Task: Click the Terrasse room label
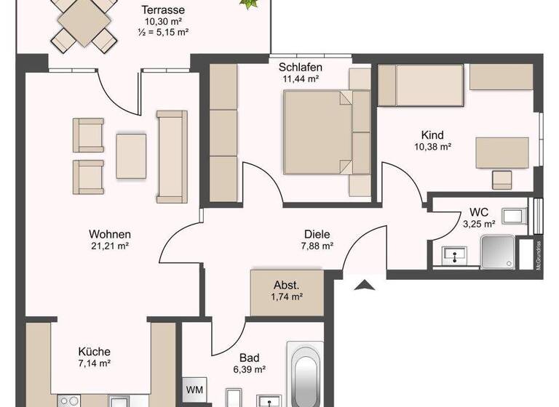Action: (x=162, y=10)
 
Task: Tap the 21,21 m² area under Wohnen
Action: (x=108, y=246)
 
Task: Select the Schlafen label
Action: (x=300, y=68)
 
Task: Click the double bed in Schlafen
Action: (x=318, y=132)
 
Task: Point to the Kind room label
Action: (x=432, y=135)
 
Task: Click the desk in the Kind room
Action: (x=502, y=153)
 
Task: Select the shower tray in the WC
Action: (x=501, y=251)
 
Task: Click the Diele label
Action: (x=317, y=234)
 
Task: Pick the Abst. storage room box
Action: (x=286, y=291)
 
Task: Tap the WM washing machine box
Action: (x=195, y=390)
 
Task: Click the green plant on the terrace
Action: (x=250, y=4)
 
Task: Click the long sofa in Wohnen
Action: (x=172, y=156)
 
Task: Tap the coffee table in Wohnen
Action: (x=131, y=156)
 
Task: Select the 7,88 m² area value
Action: (x=317, y=246)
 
